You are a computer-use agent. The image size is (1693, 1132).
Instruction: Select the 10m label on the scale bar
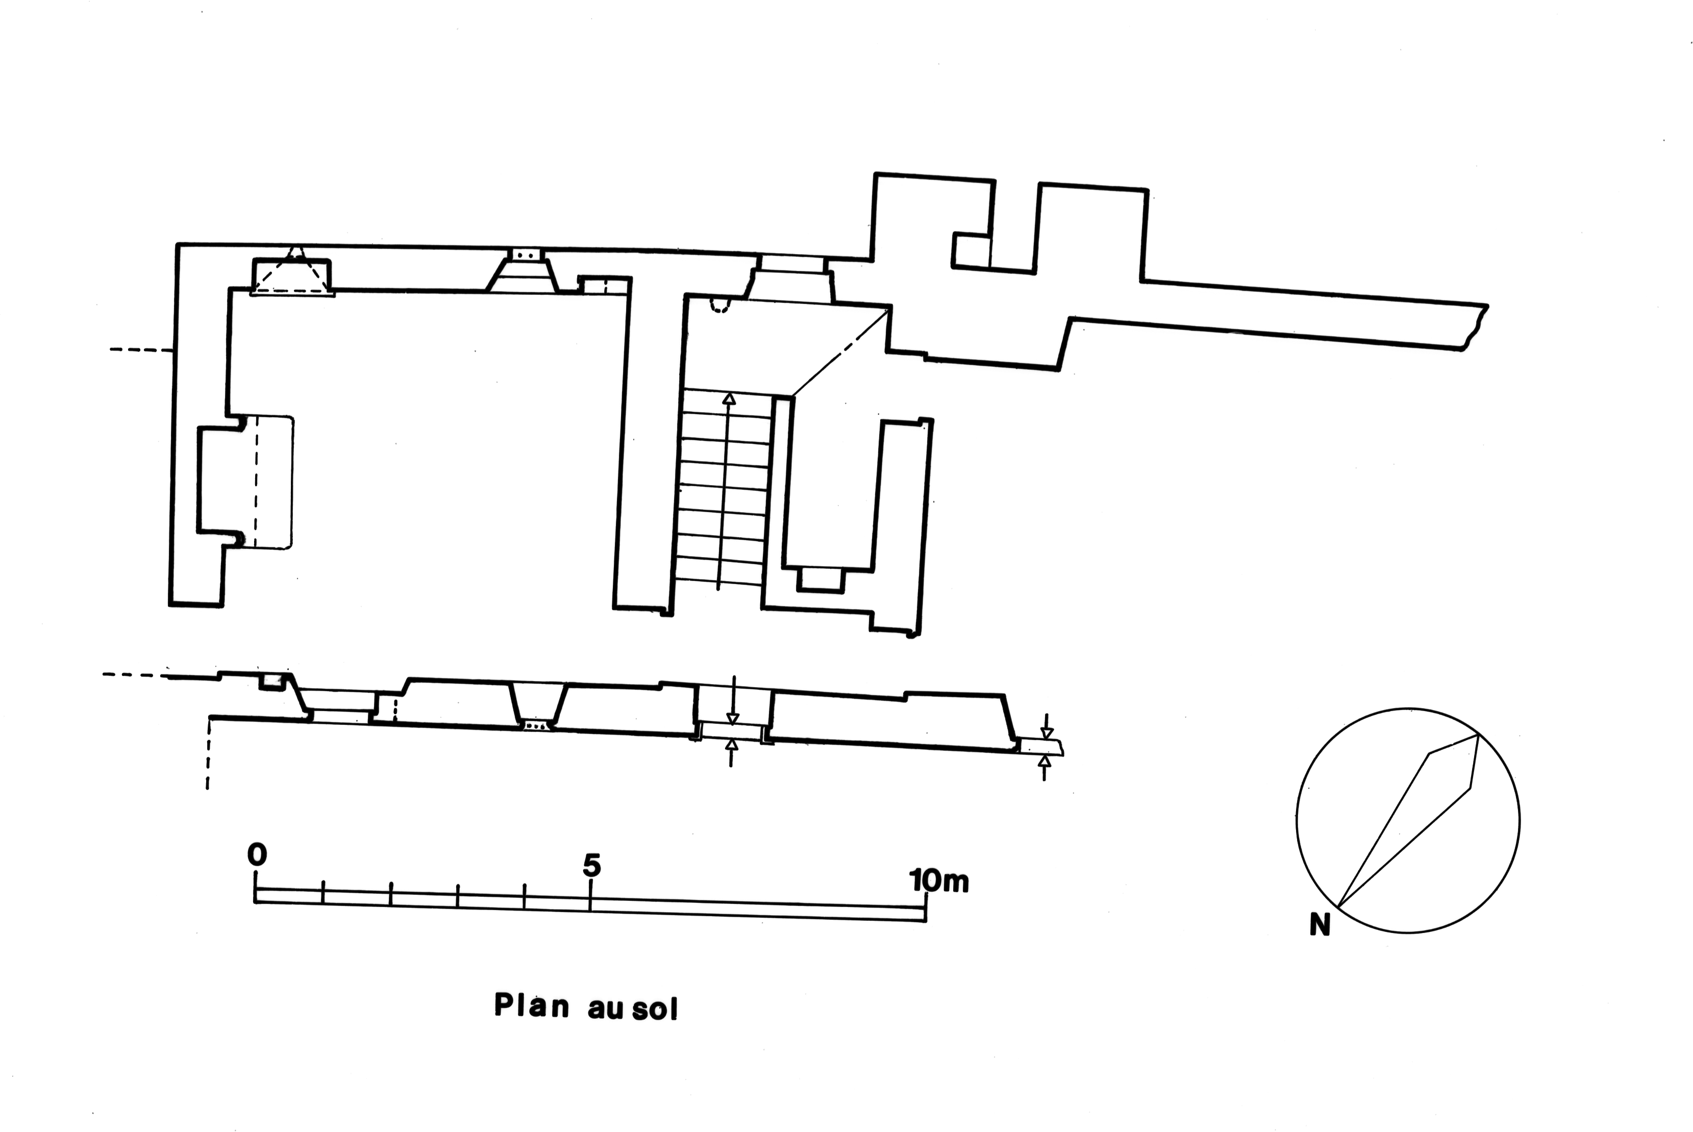(938, 881)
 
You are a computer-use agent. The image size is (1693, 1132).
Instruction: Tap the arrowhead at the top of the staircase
(729, 398)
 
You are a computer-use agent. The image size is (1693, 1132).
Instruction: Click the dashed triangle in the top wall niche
(292, 273)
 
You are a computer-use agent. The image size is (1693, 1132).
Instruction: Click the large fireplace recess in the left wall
(246, 481)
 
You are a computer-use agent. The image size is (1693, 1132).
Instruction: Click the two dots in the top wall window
(526, 255)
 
